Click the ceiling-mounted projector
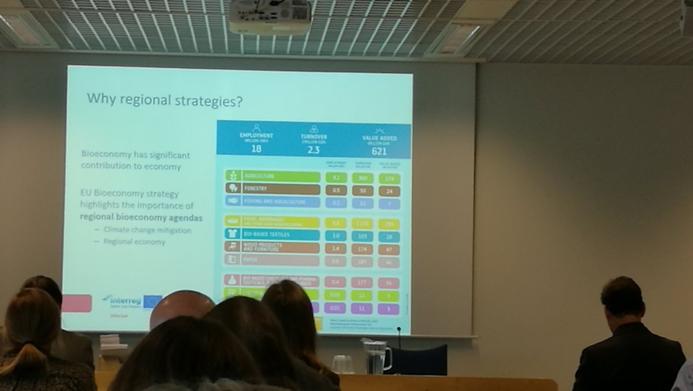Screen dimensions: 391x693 pyautogui.click(x=270, y=17)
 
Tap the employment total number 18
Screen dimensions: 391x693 pyautogui.click(x=256, y=148)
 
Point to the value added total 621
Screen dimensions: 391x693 pyautogui.click(x=378, y=151)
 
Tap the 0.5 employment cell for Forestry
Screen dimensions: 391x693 pyautogui.click(x=336, y=190)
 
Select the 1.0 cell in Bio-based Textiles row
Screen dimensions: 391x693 pyautogui.click(x=336, y=236)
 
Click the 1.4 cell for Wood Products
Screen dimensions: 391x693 pyautogui.click(x=336, y=248)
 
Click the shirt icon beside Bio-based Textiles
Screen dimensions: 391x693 pyautogui.click(x=232, y=234)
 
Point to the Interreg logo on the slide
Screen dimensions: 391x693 pyautogui.click(x=123, y=301)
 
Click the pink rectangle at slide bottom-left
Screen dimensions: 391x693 pyautogui.click(x=77, y=303)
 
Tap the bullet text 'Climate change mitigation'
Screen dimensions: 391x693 pyautogui.click(x=147, y=230)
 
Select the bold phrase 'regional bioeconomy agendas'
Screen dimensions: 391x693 pyautogui.click(x=141, y=218)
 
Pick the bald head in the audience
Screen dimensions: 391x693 pyautogui.click(x=181, y=307)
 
